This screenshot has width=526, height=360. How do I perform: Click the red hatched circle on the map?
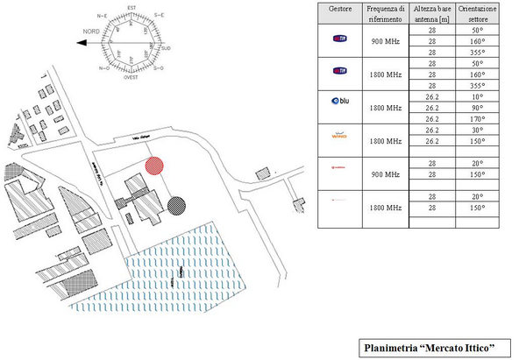tap(154, 164)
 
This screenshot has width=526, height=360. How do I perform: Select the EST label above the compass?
tap(132, 7)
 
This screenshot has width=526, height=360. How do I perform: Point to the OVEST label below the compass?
tap(132, 76)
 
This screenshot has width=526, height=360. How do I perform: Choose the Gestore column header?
tap(340, 7)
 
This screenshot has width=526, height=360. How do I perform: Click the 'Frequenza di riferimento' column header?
tap(386, 13)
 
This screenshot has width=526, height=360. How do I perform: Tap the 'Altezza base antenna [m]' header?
tap(431, 13)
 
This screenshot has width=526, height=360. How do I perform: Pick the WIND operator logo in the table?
tap(339, 137)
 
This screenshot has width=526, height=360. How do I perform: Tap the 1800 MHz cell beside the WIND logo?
tap(386, 140)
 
